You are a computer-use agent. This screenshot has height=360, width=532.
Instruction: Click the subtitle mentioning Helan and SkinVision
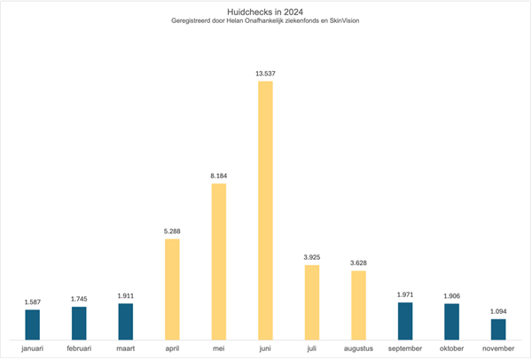click(265, 22)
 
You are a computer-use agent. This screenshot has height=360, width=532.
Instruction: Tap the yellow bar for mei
click(218, 261)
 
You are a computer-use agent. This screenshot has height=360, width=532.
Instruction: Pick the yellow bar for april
click(172, 288)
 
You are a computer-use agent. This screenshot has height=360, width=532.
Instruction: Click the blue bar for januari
click(32, 324)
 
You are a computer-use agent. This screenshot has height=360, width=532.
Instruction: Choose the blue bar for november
click(498, 328)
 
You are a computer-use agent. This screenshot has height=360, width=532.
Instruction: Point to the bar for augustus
click(358, 304)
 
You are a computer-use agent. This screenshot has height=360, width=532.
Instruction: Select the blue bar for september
click(405, 320)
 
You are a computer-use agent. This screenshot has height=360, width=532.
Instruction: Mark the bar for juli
click(311, 301)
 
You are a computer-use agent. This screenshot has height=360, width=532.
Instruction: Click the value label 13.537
click(265, 74)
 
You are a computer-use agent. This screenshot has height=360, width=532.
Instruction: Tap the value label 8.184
click(218, 176)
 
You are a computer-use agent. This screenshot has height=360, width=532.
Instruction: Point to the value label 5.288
click(172, 231)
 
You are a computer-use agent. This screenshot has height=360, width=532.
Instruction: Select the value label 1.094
click(498, 311)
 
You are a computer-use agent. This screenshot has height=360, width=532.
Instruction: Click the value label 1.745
click(79, 299)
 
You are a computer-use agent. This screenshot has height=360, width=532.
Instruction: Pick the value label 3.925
click(311, 257)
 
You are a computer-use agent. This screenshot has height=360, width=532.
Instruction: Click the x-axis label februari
click(79, 348)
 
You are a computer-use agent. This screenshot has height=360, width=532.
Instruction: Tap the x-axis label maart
click(125, 348)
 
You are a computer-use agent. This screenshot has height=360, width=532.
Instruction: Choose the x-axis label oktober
click(451, 348)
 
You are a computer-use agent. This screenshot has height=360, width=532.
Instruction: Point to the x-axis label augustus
click(358, 348)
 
